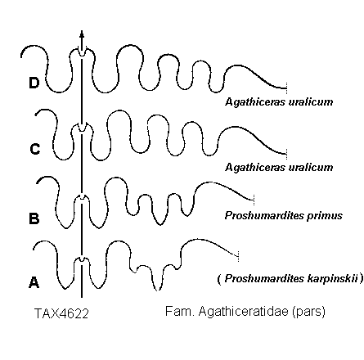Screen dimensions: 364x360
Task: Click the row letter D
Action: click(x=34, y=83)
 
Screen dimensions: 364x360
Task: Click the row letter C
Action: click(x=35, y=149)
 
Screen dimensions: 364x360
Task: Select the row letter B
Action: click(x=34, y=218)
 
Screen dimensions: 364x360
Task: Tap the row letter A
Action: click(x=34, y=282)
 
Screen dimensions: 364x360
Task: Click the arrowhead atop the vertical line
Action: click(x=82, y=34)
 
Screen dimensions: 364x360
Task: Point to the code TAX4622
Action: click(x=61, y=313)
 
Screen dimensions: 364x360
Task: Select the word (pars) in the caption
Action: click(x=308, y=312)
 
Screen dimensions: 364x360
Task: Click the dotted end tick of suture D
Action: click(x=286, y=88)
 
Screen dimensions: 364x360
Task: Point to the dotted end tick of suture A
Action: click(x=238, y=256)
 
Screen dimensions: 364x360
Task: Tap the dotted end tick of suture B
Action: click(x=254, y=200)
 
